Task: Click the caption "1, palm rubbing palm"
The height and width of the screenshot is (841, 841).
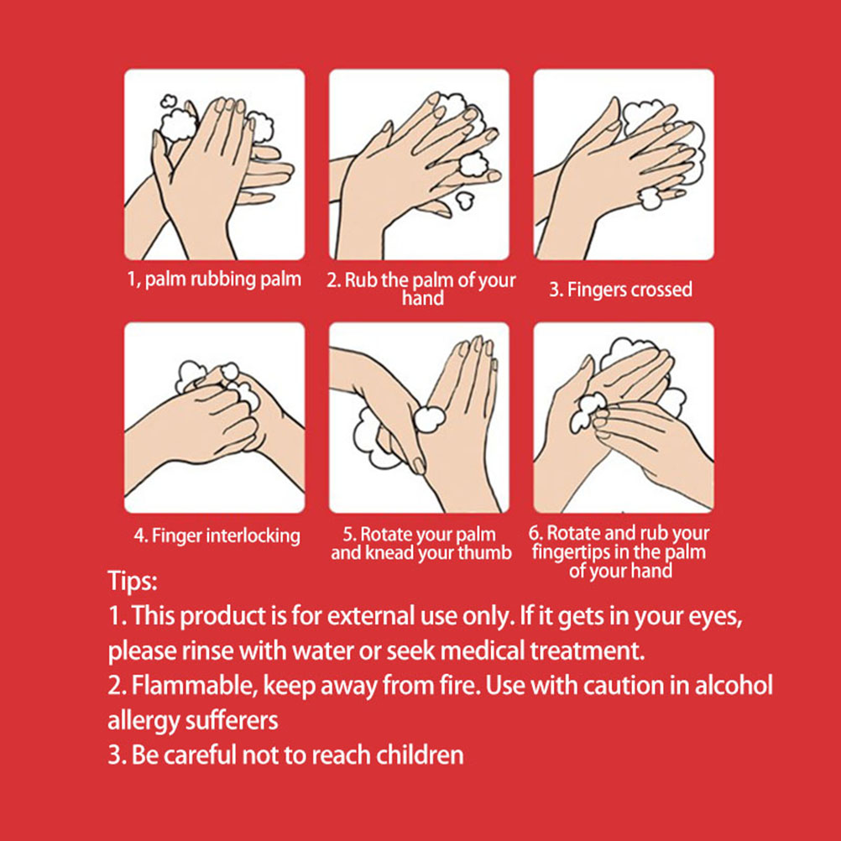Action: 214,279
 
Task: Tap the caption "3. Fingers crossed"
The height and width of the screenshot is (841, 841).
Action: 620,290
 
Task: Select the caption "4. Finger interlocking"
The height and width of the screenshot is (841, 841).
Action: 217,535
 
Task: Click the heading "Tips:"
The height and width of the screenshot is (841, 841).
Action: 133,580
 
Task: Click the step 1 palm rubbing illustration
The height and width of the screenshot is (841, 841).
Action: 215,165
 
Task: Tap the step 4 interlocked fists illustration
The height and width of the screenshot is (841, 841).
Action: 215,418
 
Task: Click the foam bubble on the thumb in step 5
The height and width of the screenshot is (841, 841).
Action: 430,419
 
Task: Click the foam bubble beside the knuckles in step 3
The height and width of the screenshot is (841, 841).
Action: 651,197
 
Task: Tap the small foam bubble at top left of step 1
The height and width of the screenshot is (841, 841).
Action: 169,100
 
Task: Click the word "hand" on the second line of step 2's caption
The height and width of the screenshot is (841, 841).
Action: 423,298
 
